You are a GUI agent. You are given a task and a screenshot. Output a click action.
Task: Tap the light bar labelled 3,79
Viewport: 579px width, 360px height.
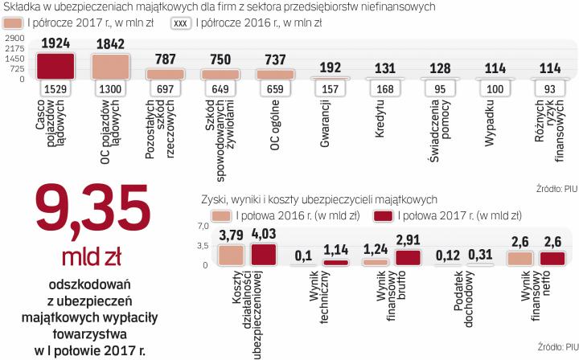(x=230, y=254)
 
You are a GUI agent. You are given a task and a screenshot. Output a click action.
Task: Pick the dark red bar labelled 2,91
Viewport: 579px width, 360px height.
(x=409, y=257)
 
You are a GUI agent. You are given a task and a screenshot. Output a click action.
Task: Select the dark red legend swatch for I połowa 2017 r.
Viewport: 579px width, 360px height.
(x=383, y=215)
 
